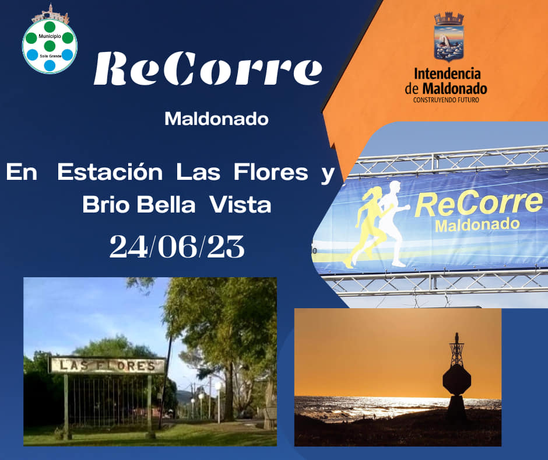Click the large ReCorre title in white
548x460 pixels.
point(208,68)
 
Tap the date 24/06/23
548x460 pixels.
point(177,246)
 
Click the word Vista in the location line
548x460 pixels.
point(240,204)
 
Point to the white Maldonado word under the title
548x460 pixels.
point(217,119)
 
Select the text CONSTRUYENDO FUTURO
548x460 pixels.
point(446,100)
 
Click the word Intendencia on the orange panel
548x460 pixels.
point(447,74)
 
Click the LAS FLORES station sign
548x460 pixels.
point(107,365)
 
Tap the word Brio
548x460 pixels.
point(106,204)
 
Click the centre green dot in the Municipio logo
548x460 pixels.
point(50,46)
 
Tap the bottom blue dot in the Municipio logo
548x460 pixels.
point(50,65)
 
